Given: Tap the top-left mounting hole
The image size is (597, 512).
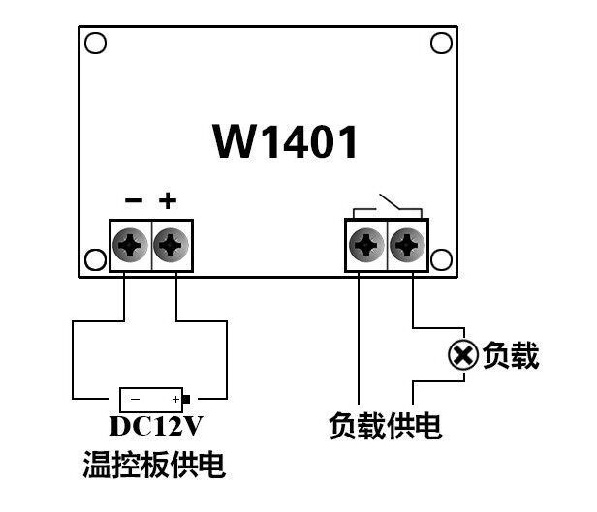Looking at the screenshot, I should (95, 44).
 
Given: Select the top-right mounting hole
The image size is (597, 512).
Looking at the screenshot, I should (441, 44).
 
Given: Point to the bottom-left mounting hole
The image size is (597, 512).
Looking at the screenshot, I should (95, 260).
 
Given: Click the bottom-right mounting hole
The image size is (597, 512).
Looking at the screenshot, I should (441, 260).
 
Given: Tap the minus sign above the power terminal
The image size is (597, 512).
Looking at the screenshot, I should (134, 201).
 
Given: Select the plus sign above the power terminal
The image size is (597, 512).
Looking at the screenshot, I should (169, 201).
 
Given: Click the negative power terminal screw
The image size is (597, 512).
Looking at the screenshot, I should (129, 246).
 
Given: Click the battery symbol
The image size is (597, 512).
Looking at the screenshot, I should (153, 399).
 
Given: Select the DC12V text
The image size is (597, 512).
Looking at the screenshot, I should (155, 427).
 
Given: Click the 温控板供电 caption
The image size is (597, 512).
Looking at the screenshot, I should (154, 467).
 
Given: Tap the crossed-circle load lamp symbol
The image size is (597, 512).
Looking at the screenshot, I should (462, 356).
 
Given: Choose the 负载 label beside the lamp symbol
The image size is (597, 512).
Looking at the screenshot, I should (511, 356).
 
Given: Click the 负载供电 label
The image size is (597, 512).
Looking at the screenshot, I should (385, 426).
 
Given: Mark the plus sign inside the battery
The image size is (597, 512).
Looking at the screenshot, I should (175, 399).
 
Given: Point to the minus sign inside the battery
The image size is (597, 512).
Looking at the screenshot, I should (135, 399).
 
